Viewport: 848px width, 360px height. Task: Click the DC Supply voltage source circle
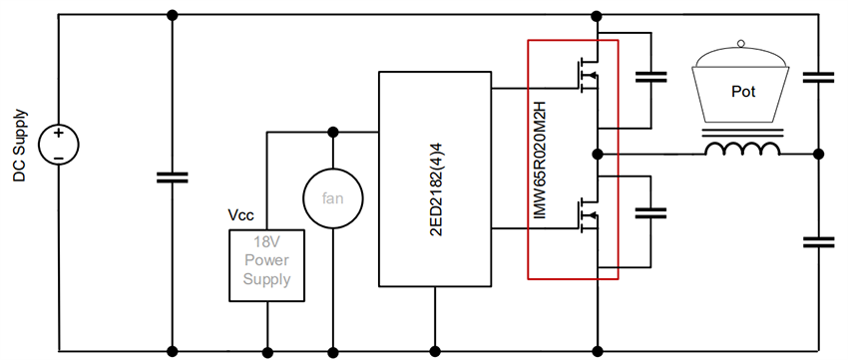pyautogui.click(x=58, y=145)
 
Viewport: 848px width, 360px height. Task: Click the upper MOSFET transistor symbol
pyautogui.click(x=585, y=76)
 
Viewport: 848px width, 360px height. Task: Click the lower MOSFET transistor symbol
pyautogui.click(x=585, y=213)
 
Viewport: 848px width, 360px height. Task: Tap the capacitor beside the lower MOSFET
pyautogui.click(x=650, y=212)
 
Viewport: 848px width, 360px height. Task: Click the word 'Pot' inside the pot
pyautogui.click(x=743, y=91)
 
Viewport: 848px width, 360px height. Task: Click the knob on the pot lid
pyautogui.click(x=740, y=43)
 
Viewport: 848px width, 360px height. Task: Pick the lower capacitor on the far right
pyautogui.click(x=818, y=241)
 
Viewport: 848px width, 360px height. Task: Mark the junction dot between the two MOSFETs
pyautogui.click(x=597, y=154)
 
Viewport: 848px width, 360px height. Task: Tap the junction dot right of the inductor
pyautogui.click(x=818, y=154)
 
